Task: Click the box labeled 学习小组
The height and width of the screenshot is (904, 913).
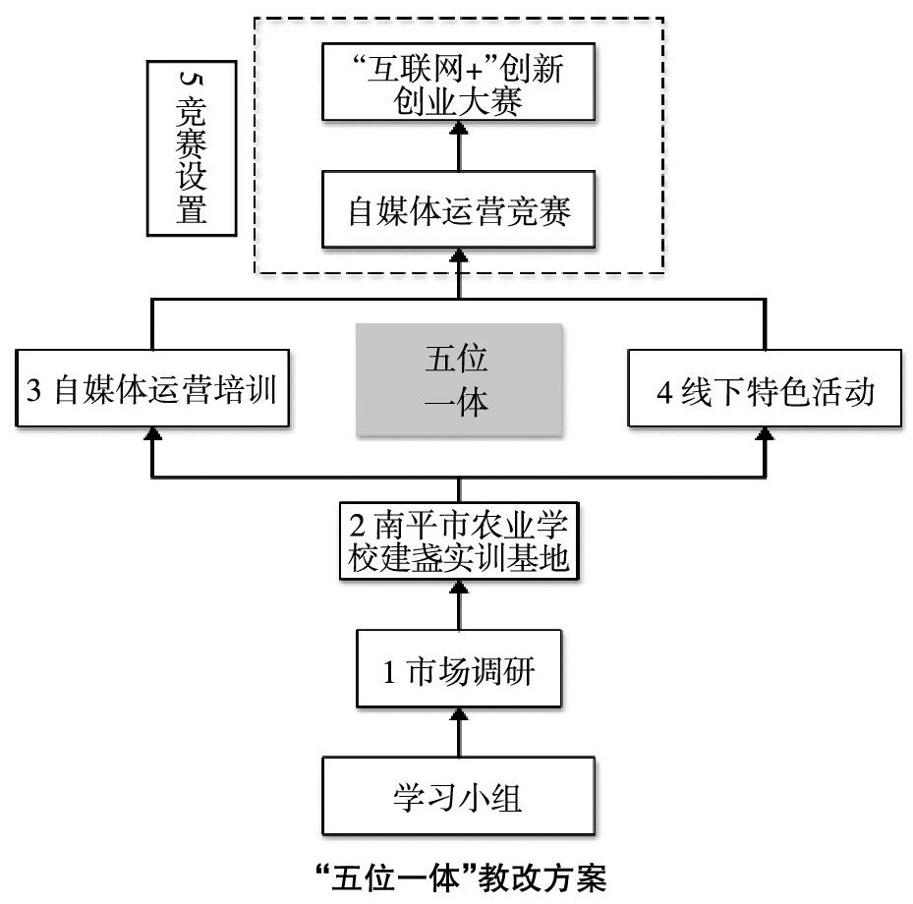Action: [x=459, y=796]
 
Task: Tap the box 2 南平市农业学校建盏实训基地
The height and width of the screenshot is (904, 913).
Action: [x=459, y=541]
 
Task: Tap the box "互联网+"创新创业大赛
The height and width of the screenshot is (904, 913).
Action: [x=459, y=85]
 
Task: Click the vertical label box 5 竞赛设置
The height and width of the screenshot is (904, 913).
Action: [x=191, y=148]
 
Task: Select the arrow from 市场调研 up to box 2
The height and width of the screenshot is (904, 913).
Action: [x=459, y=606]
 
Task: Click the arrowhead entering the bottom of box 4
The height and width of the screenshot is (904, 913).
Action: [x=765, y=432]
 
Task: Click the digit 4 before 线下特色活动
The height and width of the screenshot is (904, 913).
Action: [x=665, y=395]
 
